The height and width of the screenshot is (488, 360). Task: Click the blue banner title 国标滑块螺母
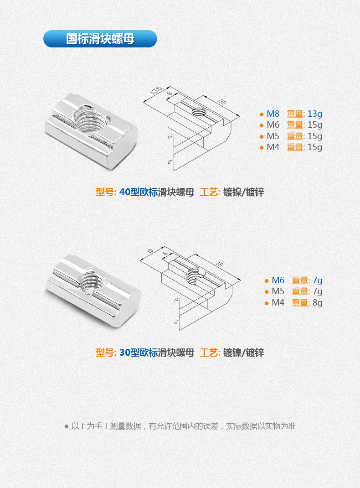(100, 39)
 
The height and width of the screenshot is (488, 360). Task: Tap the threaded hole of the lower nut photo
(93, 281)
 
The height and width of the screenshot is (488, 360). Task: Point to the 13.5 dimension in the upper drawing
(156, 90)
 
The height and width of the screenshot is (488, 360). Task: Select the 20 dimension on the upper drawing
(222, 102)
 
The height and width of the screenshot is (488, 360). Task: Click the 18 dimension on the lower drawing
(219, 264)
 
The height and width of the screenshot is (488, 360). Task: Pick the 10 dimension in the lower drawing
(150, 250)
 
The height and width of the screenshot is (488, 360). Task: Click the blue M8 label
(273, 114)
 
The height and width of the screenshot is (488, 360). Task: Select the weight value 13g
(314, 114)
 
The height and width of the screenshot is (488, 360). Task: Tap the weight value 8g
(318, 303)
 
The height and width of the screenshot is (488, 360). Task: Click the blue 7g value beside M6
(318, 280)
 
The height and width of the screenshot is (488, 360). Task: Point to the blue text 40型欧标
(139, 192)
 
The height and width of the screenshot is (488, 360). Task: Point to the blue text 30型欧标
(139, 353)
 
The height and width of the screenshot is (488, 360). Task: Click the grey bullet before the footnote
(66, 426)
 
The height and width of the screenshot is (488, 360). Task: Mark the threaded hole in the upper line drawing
(198, 111)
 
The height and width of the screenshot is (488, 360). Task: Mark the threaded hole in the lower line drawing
(195, 275)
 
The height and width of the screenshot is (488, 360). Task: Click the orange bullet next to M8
(262, 114)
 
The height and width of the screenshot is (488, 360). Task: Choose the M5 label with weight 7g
(278, 291)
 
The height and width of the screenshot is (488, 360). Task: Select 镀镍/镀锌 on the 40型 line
(243, 192)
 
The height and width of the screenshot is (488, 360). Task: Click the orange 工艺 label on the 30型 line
(210, 353)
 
